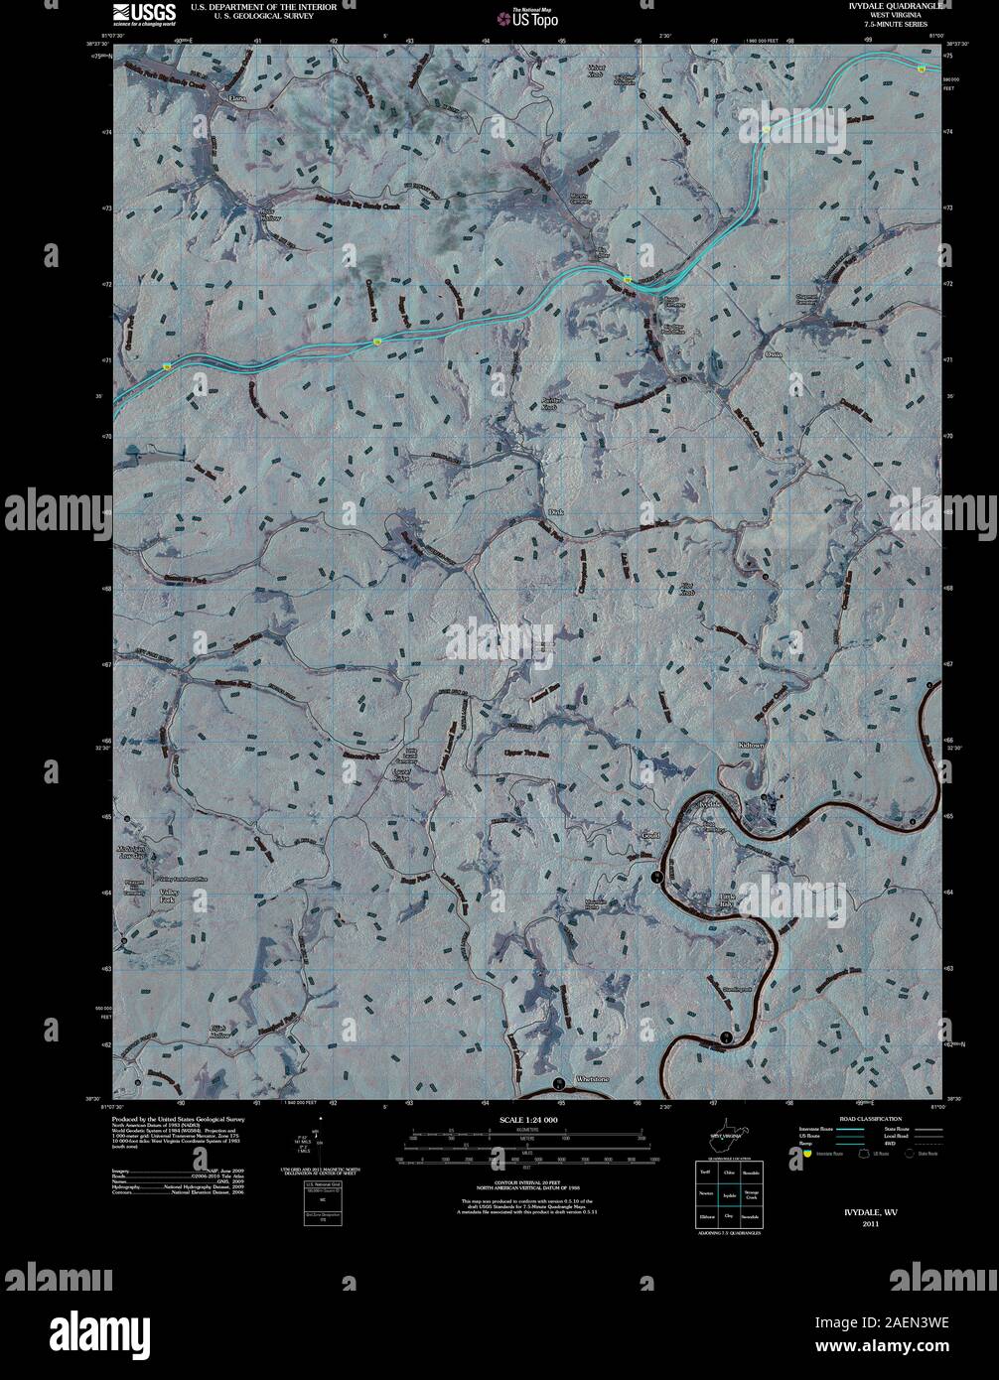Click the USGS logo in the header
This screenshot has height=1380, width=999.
[145, 13]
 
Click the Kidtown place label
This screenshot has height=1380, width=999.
[752, 745]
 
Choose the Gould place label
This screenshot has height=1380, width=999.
[650, 835]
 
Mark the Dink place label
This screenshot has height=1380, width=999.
[556, 512]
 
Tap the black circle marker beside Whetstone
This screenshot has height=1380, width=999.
[559, 1081]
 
